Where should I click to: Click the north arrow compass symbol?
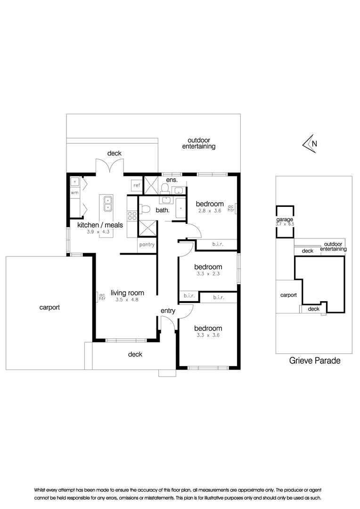coord(311,144)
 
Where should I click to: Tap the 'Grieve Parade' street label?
coord(314,361)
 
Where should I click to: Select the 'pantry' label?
coord(147,245)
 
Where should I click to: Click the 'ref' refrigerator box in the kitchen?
coord(137,185)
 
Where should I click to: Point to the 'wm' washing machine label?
coord(74,193)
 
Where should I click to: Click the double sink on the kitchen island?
coord(107,203)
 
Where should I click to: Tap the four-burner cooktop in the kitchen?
coord(132,216)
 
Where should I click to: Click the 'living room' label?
coord(127,293)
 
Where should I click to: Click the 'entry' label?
coord(168,311)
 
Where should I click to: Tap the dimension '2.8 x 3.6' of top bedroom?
coord(209,211)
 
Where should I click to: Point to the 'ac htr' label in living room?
coord(100,296)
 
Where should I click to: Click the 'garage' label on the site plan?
coord(285,220)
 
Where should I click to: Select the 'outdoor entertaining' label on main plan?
coord(199,143)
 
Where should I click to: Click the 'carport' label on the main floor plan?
coord(49,307)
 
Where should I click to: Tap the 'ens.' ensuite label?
coord(172,180)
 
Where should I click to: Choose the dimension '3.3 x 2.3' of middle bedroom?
coord(208,273)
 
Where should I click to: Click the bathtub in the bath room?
coord(181,207)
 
